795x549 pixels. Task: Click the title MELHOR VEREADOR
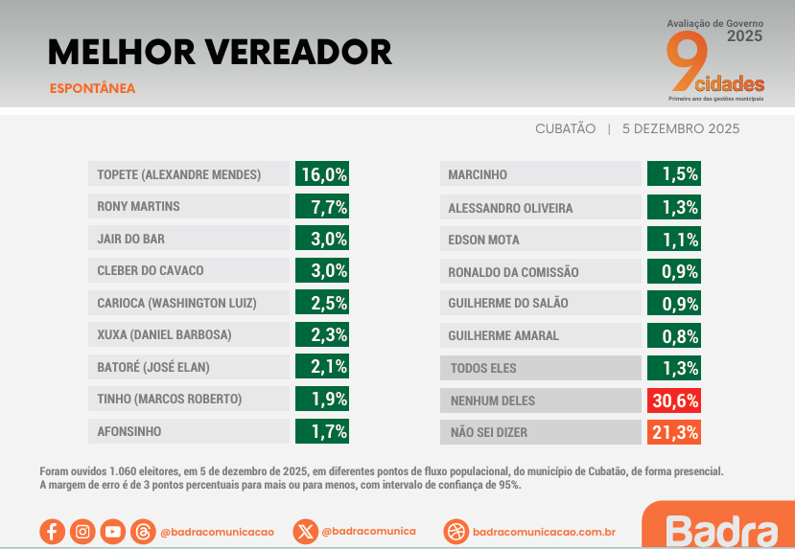[x=220, y=52]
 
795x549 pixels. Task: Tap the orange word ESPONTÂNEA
[x=92, y=89]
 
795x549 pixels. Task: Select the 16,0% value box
[x=322, y=174]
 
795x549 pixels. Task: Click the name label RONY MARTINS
[x=188, y=206]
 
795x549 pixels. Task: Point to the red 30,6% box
[x=673, y=400]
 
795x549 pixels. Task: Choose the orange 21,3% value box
[x=673, y=432]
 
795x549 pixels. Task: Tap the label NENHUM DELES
[x=539, y=400]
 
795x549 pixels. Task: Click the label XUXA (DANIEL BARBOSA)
[x=188, y=335]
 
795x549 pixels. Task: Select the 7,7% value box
[x=322, y=206]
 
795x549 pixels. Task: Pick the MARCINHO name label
[x=539, y=174]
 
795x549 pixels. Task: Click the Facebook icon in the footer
[x=52, y=531]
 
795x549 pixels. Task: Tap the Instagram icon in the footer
[x=82, y=531]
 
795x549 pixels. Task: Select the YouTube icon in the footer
[x=112, y=531]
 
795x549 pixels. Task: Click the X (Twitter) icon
[x=305, y=531]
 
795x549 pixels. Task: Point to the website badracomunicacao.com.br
[x=544, y=531]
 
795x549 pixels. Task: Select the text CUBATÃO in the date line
[x=565, y=128]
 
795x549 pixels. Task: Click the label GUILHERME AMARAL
[x=539, y=335]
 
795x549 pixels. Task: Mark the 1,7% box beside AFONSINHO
[x=322, y=431]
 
